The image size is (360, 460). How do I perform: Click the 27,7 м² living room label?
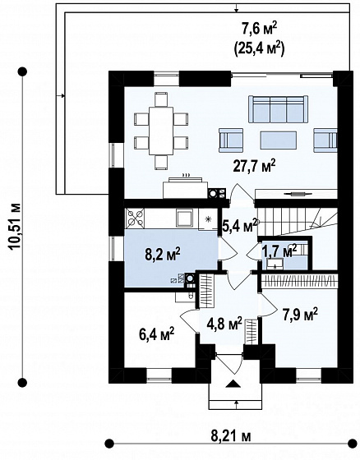(x=254, y=166)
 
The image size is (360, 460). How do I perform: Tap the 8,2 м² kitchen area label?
(x=163, y=255)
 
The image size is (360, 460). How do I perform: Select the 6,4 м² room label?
(x=156, y=334)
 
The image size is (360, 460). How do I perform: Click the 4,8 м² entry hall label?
(x=224, y=324)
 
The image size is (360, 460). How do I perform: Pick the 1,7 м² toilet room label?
(x=279, y=251)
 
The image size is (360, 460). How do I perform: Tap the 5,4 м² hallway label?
(x=240, y=227)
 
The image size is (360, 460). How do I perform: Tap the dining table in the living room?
(x=161, y=131)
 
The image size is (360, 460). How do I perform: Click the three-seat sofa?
(x=279, y=108)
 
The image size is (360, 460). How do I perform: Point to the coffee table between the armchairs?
(x=278, y=141)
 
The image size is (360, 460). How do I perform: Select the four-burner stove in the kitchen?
(x=135, y=218)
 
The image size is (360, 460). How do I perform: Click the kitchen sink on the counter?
(x=184, y=218)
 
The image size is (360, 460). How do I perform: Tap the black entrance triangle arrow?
(x=233, y=384)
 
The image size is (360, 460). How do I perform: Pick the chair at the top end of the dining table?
(x=161, y=99)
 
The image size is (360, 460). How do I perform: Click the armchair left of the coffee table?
(x=231, y=140)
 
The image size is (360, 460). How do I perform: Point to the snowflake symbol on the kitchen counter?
(x=208, y=218)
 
